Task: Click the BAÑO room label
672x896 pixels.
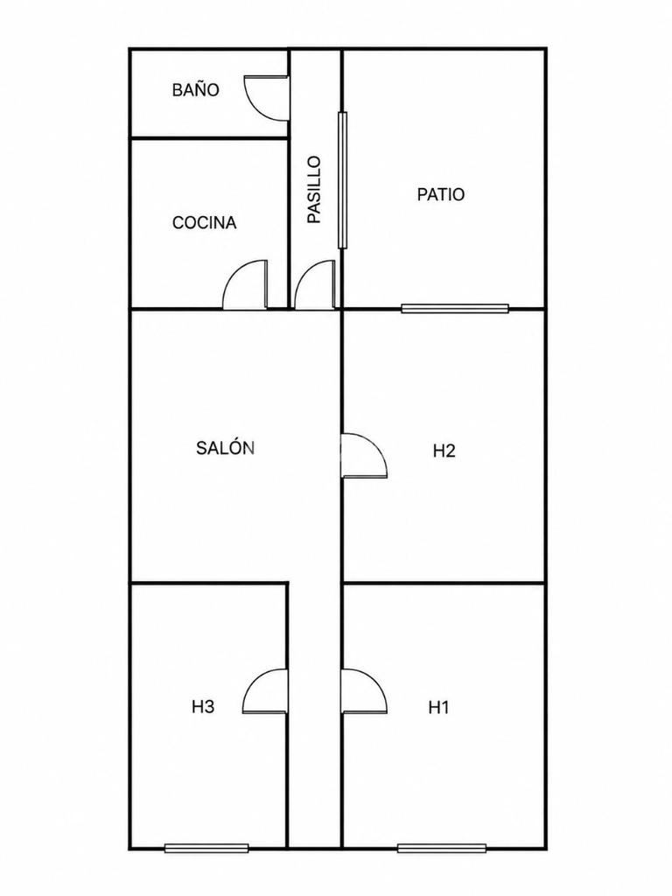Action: [x=195, y=90]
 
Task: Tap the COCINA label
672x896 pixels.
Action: [x=205, y=222]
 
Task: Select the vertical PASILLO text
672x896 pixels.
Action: [x=314, y=190]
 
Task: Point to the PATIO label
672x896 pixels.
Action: [x=441, y=194]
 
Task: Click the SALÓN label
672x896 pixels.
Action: [x=225, y=447]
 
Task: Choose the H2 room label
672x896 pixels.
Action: [x=444, y=451]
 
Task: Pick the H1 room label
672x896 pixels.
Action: [x=439, y=707]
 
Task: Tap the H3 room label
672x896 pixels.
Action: [x=203, y=707]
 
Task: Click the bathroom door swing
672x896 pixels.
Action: [x=266, y=98]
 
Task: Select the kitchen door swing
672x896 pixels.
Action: [x=245, y=284]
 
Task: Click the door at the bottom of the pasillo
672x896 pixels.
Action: [x=314, y=284]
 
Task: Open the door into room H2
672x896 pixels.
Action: [x=364, y=455]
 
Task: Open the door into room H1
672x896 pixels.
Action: [x=364, y=691]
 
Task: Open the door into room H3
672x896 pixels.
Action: [x=265, y=691]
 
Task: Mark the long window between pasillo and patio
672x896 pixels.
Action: [x=342, y=180]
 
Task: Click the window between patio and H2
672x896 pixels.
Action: [x=455, y=309]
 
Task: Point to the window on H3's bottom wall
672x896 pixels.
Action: [x=206, y=848]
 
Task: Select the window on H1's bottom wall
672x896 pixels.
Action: [x=442, y=848]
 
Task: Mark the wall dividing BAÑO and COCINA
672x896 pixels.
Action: [x=210, y=137]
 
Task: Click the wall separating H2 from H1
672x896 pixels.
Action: [x=444, y=583]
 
